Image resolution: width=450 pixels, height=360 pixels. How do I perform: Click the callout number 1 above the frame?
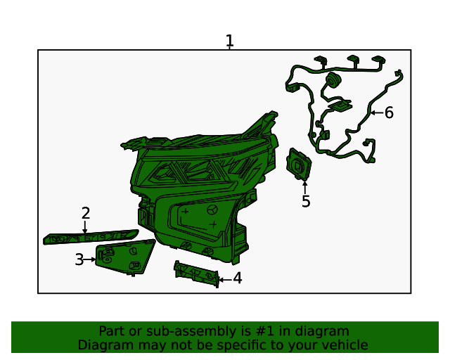point(229,41)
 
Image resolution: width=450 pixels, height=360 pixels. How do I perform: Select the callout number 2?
point(86,213)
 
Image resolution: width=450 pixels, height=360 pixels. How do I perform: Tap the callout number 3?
point(79,259)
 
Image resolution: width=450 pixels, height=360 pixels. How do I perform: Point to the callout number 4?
point(238,278)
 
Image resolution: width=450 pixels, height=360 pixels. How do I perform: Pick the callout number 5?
point(306,202)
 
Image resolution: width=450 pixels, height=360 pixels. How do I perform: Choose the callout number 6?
point(389,112)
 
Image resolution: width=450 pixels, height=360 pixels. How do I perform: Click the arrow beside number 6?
point(375,112)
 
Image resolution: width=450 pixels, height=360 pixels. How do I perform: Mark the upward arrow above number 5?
point(305,186)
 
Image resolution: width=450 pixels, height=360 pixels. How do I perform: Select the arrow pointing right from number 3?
point(91,259)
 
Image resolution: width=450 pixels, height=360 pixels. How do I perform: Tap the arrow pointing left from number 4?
point(223,279)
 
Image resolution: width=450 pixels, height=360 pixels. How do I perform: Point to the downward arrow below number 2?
point(85,227)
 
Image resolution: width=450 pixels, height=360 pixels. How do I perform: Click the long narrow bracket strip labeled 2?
point(90,237)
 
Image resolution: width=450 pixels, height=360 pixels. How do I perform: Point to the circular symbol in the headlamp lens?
point(213,210)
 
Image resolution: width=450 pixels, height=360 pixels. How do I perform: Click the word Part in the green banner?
point(112,331)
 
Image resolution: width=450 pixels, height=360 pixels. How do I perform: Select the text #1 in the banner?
point(258,331)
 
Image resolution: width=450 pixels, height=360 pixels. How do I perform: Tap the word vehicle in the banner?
point(345,345)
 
